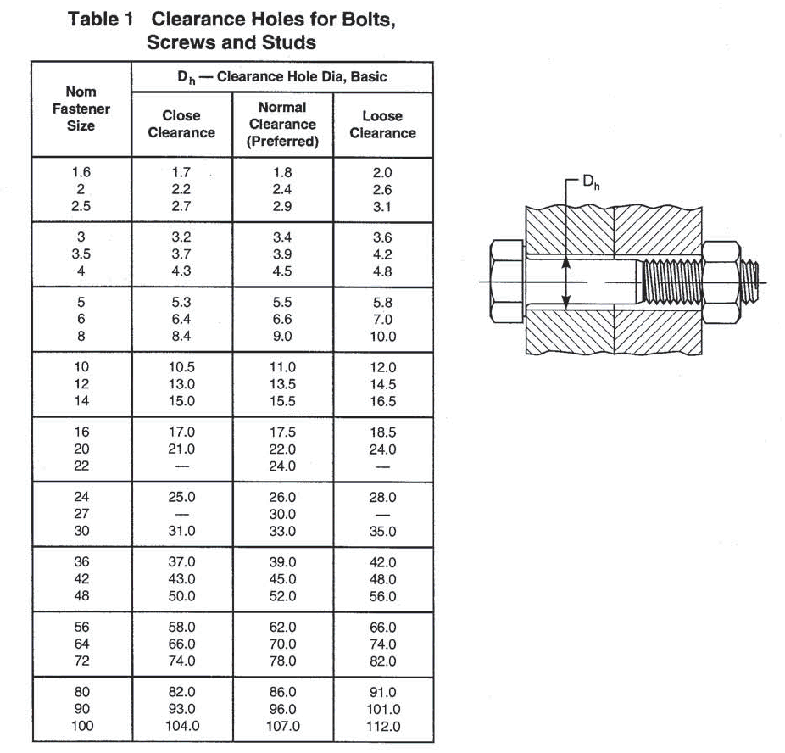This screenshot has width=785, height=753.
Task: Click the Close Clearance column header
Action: tap(181, 124)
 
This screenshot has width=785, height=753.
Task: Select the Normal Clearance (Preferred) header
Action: tap(282, 124)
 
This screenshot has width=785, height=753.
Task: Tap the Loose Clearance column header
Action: tap(382, 124)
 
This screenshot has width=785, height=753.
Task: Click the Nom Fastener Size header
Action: tap(81, 109)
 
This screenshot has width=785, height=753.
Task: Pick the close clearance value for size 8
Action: tap(181, 337)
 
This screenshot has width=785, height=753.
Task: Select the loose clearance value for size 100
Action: tap(382, 726)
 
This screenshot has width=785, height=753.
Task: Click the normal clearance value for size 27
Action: tap(282, 514)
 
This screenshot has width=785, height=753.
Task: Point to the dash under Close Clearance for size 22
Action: tap(181, 466)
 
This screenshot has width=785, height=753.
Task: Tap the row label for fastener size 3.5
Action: tap(81, 254)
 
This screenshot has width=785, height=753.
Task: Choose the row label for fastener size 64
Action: tap(81, 644)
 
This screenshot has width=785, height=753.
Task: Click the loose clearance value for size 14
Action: tap(382, 401)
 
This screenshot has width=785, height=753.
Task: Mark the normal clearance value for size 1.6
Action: tap(282, 173)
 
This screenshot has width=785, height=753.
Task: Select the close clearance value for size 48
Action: tap(181, 596)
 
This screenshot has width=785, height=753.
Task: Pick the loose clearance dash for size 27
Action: tap(382, 514)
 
